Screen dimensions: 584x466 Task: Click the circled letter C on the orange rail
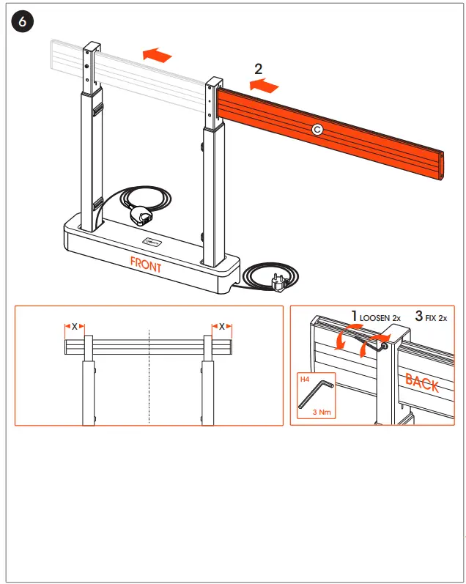point(317,129)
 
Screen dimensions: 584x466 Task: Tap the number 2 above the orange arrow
point(259,70)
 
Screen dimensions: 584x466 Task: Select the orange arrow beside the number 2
point(265,87)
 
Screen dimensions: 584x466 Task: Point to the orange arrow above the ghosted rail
point(158,54)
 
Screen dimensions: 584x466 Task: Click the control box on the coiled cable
point(141,216)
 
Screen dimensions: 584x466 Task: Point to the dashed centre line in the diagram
point(149,374)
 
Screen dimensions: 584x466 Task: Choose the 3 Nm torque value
point(322,413)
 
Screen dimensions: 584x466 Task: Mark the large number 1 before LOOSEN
point(354,317)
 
